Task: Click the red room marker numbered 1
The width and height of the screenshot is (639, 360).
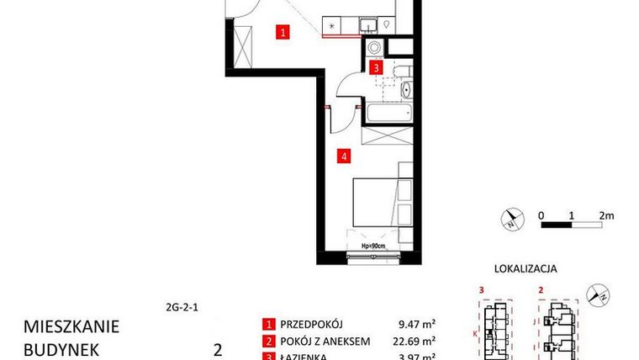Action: (284, 34)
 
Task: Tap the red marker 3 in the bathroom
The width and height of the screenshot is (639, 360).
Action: (377, 68)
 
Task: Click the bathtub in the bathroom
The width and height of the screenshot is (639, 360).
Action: (387, 111)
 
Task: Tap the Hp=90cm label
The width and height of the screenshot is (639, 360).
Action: (372, 246)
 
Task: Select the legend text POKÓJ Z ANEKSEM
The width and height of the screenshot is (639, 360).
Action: (325, 341)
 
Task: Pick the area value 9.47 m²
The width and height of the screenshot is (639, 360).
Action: (416, 324)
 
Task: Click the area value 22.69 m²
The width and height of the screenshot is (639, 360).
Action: (416, 341)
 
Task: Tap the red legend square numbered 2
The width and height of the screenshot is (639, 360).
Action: (268, 341)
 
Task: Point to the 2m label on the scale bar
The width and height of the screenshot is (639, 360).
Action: (607, 214)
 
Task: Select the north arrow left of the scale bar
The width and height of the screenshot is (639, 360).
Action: (510, 220)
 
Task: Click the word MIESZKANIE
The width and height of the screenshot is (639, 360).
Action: (71, 326)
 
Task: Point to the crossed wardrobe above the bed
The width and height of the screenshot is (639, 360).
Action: (386, 137)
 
